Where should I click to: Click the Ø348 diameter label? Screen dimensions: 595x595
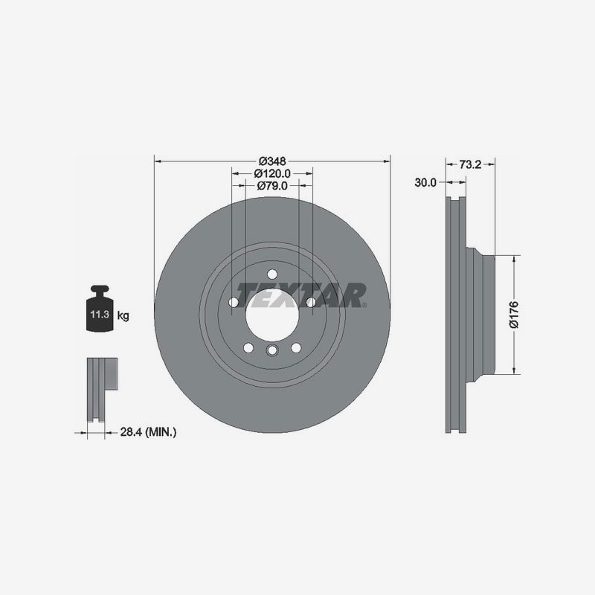272,161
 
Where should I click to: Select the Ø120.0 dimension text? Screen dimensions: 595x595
272,173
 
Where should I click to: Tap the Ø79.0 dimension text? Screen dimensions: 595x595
272,185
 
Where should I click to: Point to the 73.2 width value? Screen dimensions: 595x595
470,164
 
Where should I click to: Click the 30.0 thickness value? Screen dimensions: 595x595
425,182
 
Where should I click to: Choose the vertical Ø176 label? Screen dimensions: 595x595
514,315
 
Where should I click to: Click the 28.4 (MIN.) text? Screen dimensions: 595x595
148,432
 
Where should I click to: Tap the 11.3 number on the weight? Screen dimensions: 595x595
100,314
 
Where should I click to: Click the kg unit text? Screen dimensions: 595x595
123,315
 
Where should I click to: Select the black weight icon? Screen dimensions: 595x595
100,308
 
